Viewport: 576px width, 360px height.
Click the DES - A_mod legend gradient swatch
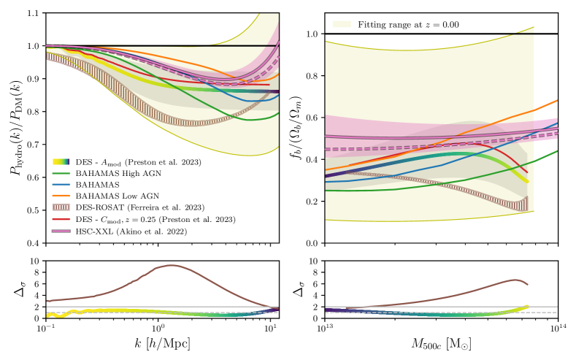click(x=62, y=161)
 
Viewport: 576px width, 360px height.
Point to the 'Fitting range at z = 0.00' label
click(x=407, y=24)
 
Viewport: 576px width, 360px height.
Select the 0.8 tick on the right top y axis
click(x=311, y=76)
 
